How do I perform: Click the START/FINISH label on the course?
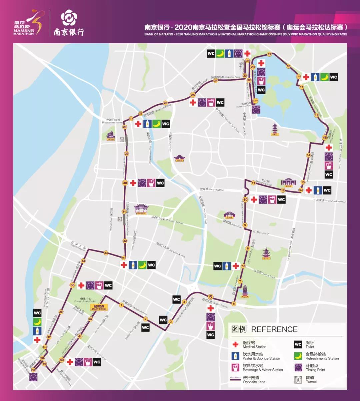[99, 308]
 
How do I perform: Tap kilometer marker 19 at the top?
[269, 54]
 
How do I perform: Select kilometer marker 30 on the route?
[125, 183]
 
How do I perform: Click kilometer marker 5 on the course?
[210, 297]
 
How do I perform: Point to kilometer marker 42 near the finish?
[91, 319]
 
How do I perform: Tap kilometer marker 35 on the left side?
[72, 285]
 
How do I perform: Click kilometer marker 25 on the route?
[193, 95]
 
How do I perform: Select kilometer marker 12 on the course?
[283, 191]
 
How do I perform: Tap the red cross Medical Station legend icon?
[236, 345]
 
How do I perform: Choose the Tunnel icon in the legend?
[298, 379]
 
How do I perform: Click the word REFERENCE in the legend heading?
[274, 329]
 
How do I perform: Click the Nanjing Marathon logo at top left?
[29, 23]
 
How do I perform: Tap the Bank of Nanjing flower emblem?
[68, 17]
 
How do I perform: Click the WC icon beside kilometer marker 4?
[176, 299]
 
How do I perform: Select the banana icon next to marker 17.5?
[324, 77]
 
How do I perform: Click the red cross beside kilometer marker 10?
[254, 200]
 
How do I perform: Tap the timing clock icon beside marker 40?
[79, 362]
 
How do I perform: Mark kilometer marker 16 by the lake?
[317, 115]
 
